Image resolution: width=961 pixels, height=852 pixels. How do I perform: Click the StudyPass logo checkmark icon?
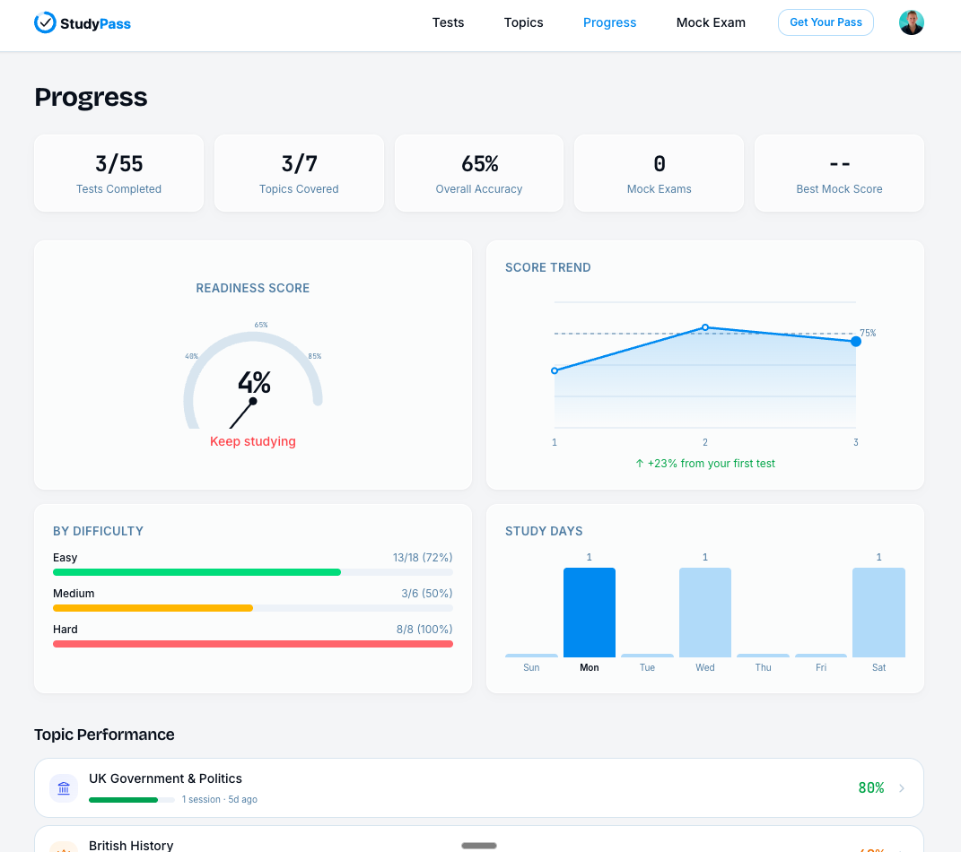click(45, 22)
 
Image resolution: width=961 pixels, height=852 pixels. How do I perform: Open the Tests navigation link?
click(448, 22)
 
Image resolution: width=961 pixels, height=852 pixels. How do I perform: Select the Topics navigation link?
click(523, 22)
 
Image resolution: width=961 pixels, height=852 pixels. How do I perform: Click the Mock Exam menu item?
click(711, 22)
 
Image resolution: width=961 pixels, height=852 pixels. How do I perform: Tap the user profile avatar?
click(911, 22)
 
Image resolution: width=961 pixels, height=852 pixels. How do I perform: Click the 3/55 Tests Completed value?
click(118, 164)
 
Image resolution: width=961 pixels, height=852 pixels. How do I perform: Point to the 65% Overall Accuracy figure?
click(479, 164)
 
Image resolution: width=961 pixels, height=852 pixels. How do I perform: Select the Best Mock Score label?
click(839, 189)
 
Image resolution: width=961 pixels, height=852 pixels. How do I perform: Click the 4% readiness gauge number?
click(254, 383)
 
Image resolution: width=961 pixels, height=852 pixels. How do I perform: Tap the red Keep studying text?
click(253, 441)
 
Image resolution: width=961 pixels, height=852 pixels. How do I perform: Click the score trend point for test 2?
click(705, 327)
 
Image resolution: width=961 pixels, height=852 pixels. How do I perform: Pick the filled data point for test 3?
click(856, 341)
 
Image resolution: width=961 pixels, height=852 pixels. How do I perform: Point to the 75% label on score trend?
click(868, 333)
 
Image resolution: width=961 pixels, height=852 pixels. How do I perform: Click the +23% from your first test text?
click(705, 464)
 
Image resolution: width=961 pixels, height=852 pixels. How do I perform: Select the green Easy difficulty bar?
click(197, 572)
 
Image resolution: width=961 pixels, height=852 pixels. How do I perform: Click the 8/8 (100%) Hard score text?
click(424, 630)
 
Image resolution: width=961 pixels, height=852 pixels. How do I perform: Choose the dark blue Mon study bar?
click(590, 613)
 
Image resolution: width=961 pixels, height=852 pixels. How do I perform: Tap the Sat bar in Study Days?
click(878, 613)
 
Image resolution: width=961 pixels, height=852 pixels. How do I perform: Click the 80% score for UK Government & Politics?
click(870, 788)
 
